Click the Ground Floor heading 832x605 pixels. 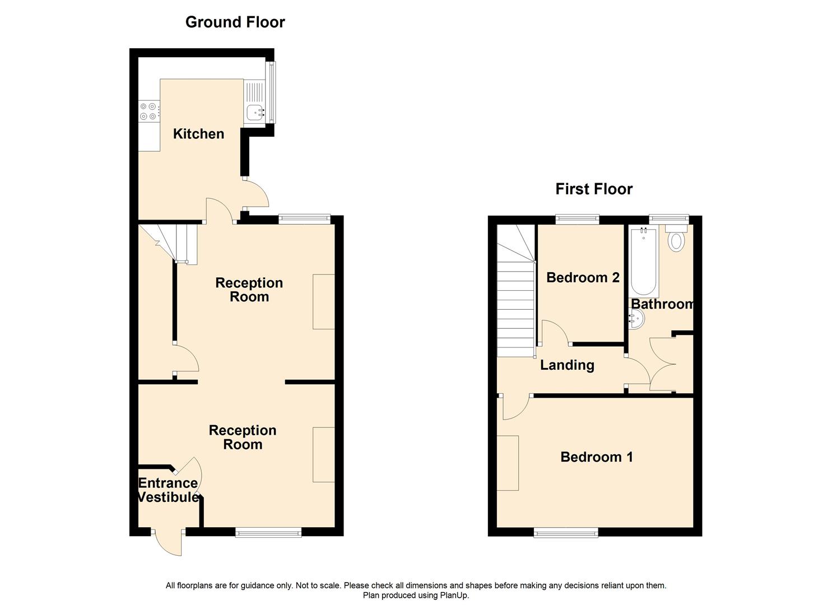[235, 22]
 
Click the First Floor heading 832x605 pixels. [593, 189]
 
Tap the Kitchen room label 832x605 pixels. [198, 134]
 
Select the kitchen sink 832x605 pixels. [255, 113]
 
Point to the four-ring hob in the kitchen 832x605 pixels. [148, 111]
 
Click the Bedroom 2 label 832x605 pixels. [583, 278]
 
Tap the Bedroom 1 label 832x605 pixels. [596, 457]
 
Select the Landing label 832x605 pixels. [566, 365]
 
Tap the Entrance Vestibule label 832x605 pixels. [168, 490]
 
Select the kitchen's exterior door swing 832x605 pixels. [257, 194]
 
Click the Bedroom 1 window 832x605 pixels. [566, 533]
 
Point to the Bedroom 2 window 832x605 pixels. [577, 219]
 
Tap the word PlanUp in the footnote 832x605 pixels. [453, 595]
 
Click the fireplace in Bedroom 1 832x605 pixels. [508, 463]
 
